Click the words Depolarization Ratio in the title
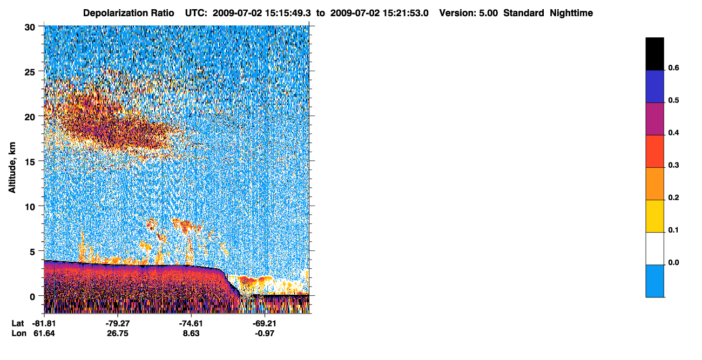click(129, 13)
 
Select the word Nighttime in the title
click(571, 13)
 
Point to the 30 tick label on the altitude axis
click(30, 28)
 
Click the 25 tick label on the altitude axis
click(30, 72)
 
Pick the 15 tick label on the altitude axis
click(30, 162)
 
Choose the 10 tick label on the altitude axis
click(30, 207)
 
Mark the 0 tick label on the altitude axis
click(32, 297)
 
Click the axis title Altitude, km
click(12, 167)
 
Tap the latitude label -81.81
click(44, 323)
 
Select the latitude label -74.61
click(191, 323)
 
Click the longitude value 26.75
click(118, 334)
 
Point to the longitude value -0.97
click(265, 334)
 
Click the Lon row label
click(19, 334)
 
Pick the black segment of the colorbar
click(654, 54)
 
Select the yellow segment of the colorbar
click(654, 216)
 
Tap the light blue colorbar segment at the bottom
click(654, 281)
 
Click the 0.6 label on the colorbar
click(673, 67)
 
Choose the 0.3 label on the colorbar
click(673, 165)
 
